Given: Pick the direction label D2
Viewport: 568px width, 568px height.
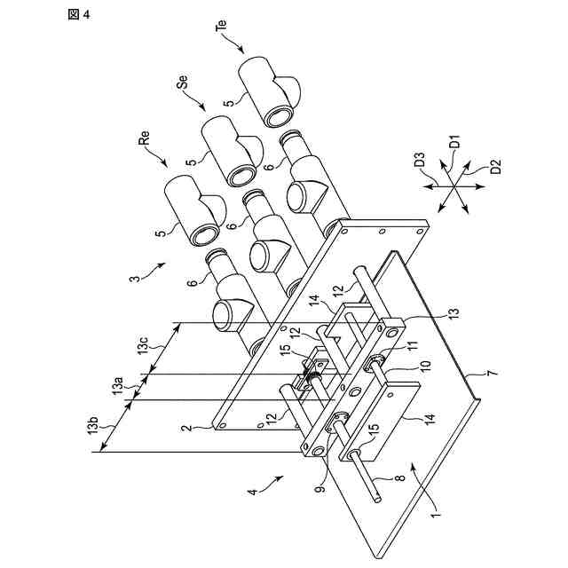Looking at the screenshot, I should (x=495, y=166).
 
